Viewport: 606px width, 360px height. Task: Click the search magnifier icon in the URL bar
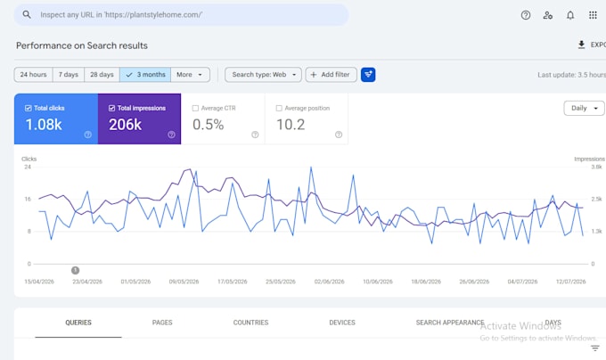coord(26,14)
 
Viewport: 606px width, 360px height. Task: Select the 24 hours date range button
coord(33,75)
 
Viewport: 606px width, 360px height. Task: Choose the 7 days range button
coord(69,75)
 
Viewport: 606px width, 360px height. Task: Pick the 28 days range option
coord(102,75)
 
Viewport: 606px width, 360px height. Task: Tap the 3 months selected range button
coord(145,75)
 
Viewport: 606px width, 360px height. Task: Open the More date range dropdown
coord(190,75)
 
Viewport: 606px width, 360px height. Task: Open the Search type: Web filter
coord(263,75)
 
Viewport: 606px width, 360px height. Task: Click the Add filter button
coord(331,75)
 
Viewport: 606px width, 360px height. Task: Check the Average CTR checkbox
coord(195,108)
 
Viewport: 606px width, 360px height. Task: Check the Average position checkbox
coord(279,108)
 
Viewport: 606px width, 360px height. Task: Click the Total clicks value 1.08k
coord(44,125)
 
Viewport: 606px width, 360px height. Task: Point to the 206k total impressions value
coord(126,125)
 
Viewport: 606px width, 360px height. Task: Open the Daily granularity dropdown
coord(584,108)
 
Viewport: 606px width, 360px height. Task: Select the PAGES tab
coord(162,323)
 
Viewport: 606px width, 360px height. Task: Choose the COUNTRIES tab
coord(250,323)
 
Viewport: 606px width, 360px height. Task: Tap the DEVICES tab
coord(342,323)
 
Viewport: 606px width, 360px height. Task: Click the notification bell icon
coord(570,15)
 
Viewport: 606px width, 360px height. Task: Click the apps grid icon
coord(593,15)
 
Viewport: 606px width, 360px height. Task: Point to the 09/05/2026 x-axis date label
coord(184,282)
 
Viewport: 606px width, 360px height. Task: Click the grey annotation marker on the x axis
coord(76,270)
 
